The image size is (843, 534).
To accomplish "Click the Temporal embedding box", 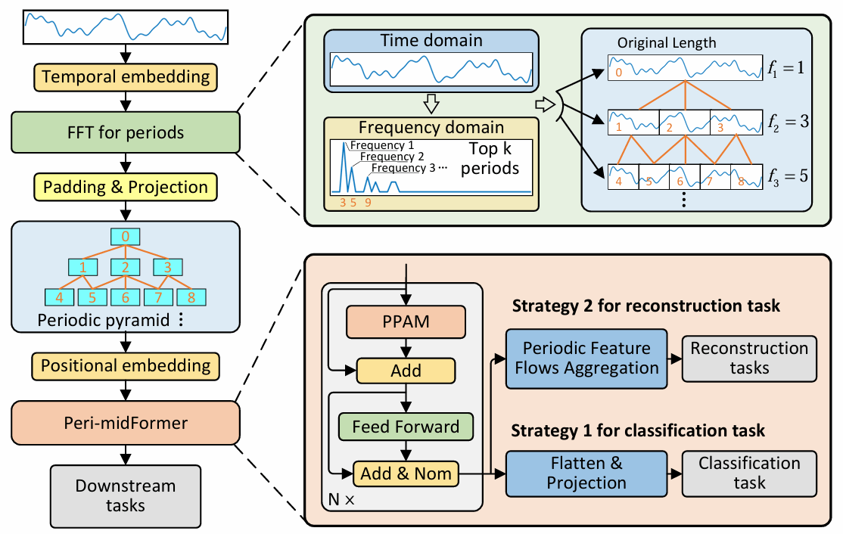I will click(x=126, y=76).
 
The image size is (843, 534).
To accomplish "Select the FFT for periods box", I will click(x=126, y=133).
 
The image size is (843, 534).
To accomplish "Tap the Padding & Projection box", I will click(x=126, y=186).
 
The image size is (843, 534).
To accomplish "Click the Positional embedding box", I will click(x=126, y=365).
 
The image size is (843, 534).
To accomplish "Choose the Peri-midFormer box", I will click(x=126, y=422).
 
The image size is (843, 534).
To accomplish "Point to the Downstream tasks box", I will click(x=126, y=495).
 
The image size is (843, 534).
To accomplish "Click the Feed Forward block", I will click(x=406, y=426).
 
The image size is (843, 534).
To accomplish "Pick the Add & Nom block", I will click(x=406, y=473).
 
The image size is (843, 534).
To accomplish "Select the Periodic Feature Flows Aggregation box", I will click(x=586, y=359).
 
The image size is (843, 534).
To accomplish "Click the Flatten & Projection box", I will click(x=586, y=473).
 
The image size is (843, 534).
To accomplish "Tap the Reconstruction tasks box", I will click(x=749, y=359).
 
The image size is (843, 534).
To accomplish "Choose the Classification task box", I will click(x=749, y=473).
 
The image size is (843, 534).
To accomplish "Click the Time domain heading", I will click(x=431, y=40).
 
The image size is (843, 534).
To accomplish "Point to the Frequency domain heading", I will click(x=431, y=126).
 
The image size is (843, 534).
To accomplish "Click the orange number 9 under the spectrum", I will click(x=368, y=203).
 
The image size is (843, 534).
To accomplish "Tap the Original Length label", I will click(x=667, y=42).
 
